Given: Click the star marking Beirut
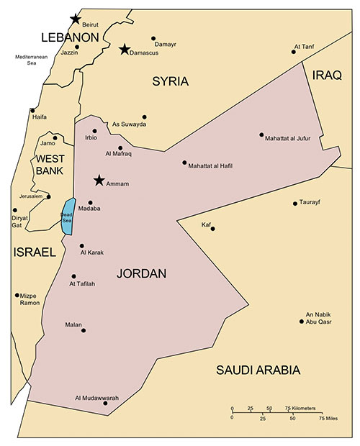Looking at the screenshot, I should [x=75, y=19].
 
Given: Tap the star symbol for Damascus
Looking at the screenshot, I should [x=125, y=50].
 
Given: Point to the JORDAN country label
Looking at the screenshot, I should [x=141, y=274].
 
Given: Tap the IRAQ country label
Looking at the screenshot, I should [x=327, y=74].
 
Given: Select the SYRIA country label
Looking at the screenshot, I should [x=170, y=82].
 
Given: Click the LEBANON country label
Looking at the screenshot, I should [x=70, y=37].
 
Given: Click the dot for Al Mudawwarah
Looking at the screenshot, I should [x=106, y=404].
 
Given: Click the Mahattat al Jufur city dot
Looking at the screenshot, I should [x=262, y=135].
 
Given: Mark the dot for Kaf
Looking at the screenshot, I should [x=212, y=229].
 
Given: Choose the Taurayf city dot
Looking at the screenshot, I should [x=295, y=204].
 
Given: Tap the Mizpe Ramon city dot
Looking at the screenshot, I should [x=17, y=295].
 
